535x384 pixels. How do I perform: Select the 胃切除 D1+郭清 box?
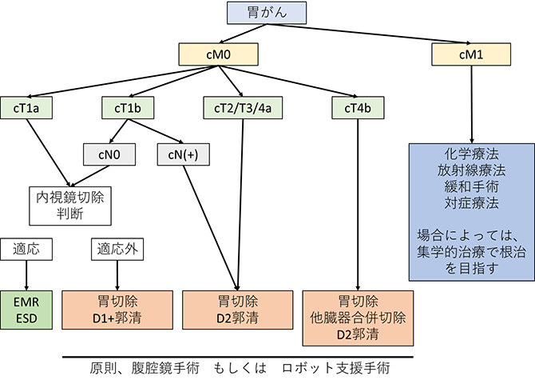117,310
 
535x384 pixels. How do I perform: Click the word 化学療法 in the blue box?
471,154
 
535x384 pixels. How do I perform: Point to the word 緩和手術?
471,186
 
